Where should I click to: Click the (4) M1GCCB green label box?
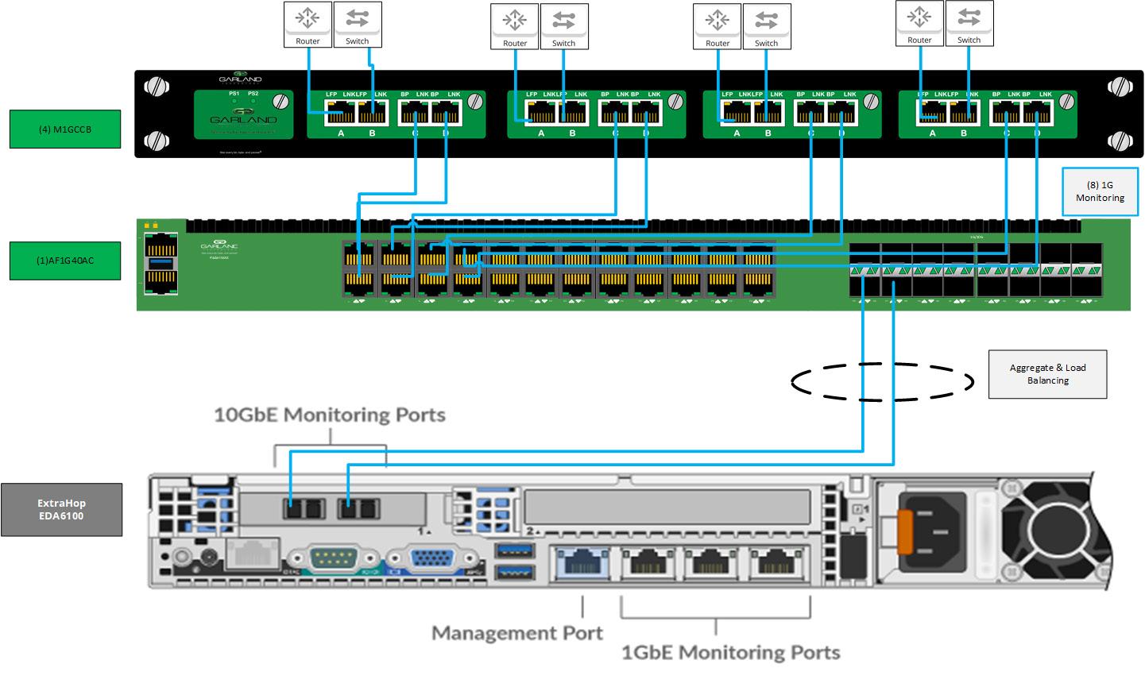point(65,129)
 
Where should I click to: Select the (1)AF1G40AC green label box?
point(65,261)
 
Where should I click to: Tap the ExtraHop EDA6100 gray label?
point(61,509)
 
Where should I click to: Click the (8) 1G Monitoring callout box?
point(1100,191)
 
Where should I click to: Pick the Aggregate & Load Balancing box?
point(1047,374)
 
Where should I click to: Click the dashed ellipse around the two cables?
point(882,382)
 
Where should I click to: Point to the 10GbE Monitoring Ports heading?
point(329,415)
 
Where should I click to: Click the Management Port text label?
point(516,633)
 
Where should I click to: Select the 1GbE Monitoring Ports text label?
point(729,652)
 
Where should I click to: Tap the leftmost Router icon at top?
point(308,24)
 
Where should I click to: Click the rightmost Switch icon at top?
point(969,23)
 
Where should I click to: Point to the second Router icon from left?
point(514,26)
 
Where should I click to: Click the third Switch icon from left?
point(766,26)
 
